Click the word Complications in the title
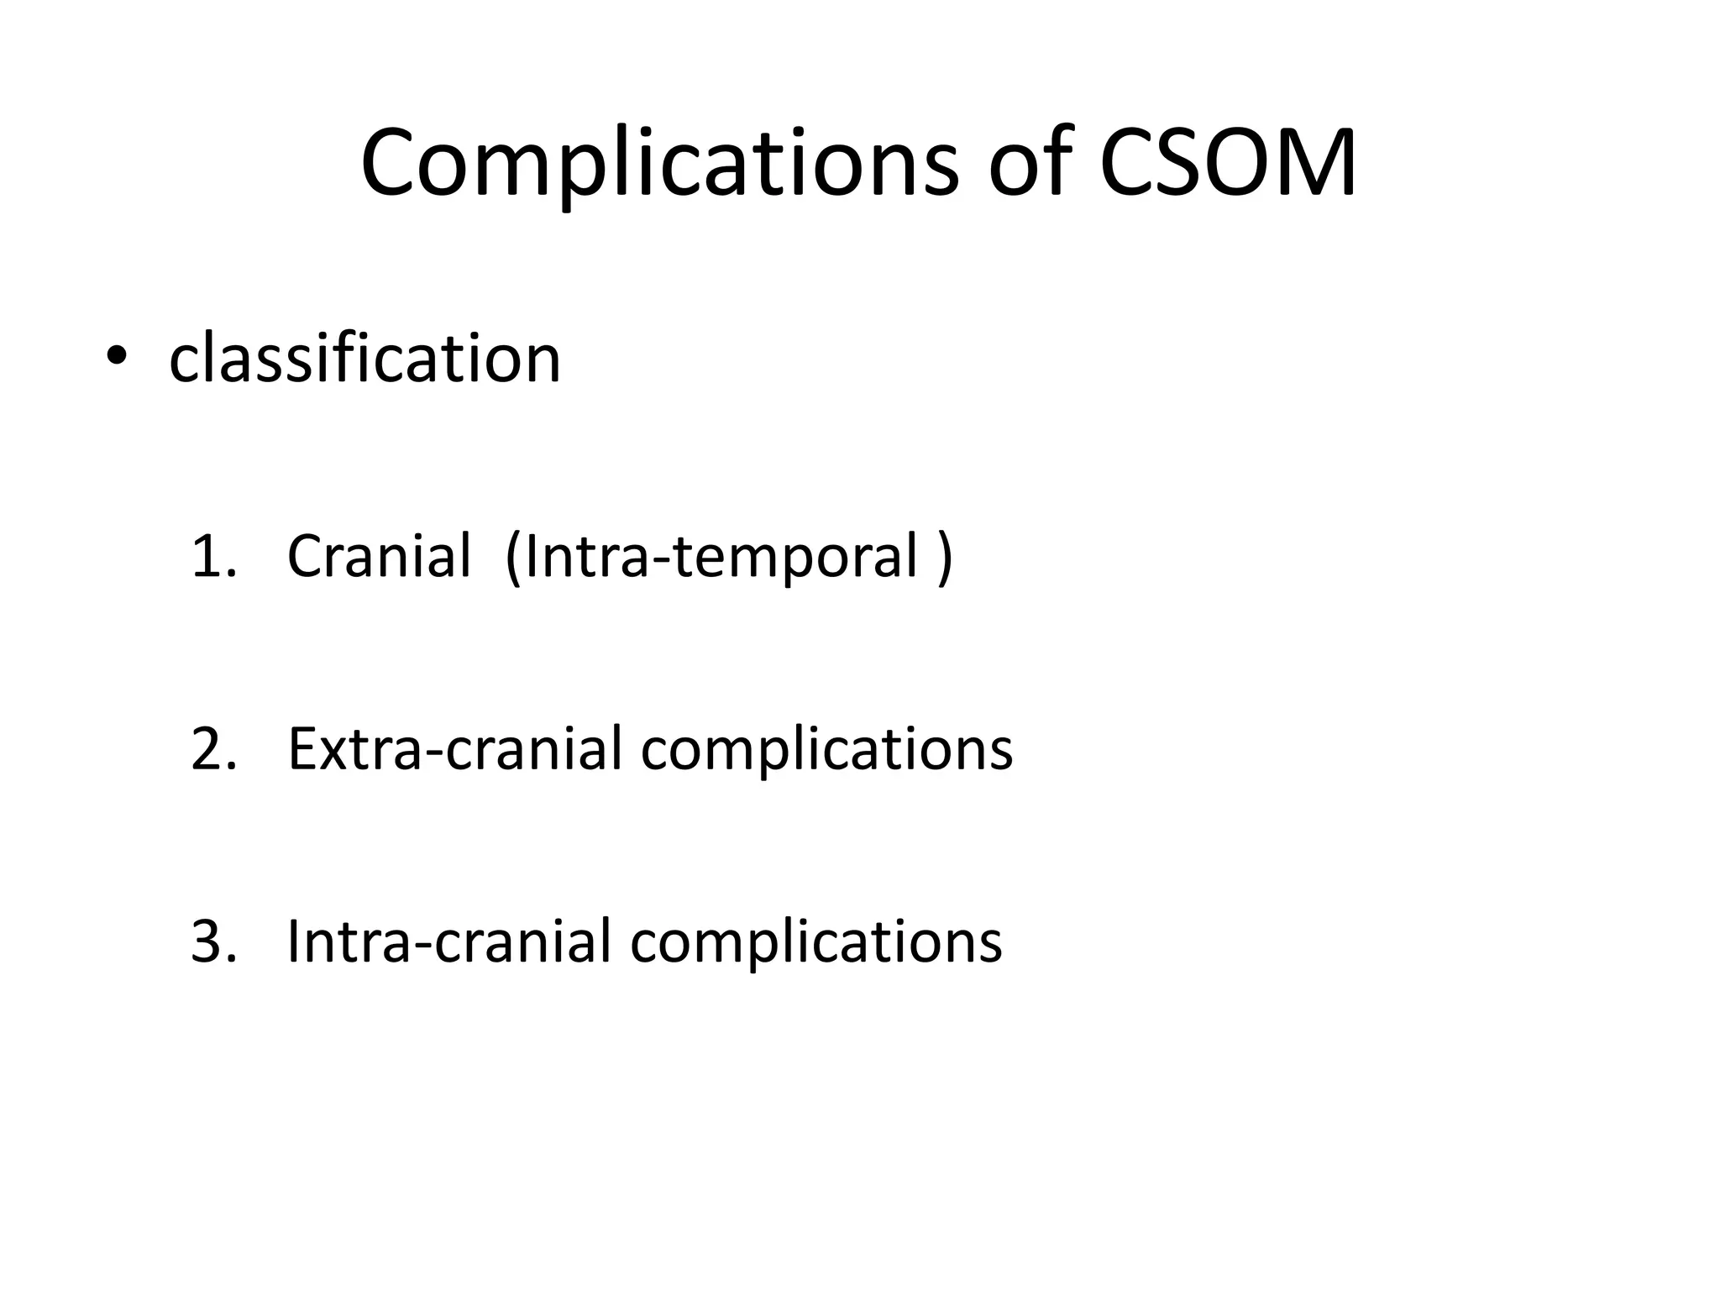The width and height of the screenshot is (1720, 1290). click(659, 164)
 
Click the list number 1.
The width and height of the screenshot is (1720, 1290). click(209, 557)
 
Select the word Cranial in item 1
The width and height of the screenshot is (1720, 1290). click(379, 557)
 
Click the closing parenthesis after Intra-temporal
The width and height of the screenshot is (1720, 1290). click(946, 557)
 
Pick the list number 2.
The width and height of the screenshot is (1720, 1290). click(209, 749)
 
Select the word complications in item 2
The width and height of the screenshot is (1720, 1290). click(826, 749)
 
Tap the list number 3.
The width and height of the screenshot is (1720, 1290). click(209, 941)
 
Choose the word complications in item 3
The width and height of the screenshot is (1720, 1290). click(815, 941)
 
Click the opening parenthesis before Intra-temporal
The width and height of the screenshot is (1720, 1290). click(512, 557)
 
